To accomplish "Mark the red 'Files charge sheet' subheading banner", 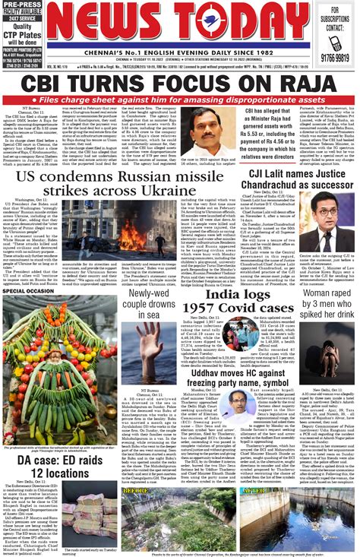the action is coord(180,100).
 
